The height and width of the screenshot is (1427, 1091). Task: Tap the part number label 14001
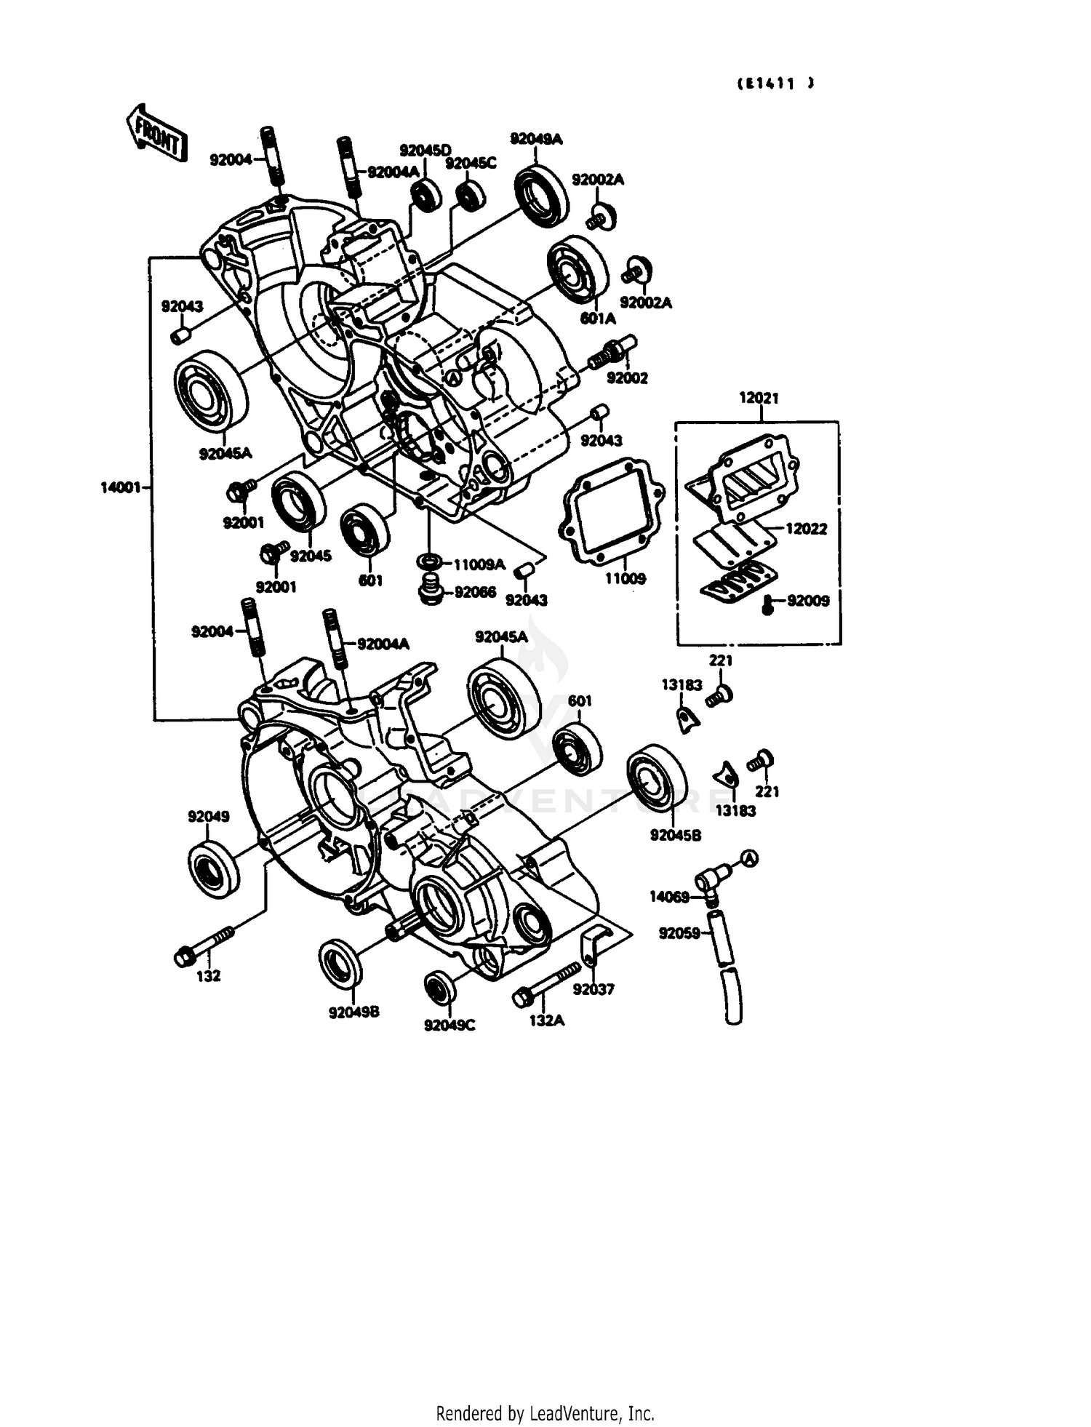pyautogui.click(x=121, y=488)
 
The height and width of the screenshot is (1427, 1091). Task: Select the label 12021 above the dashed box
pyautogui.click(x=759, y=398)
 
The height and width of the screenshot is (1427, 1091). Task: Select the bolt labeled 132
pyautogui.click(x=203, y=944)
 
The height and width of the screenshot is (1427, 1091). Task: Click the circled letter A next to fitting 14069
pyautogui.click(x=749, y=859)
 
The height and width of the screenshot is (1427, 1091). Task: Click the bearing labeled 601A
pyautogui.click(x=578, y=270)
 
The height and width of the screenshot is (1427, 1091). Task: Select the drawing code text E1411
pyautogui.click(x=775, y=84)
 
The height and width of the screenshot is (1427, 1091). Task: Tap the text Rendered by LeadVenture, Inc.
pyautogui.click(x=545, y=1413)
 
